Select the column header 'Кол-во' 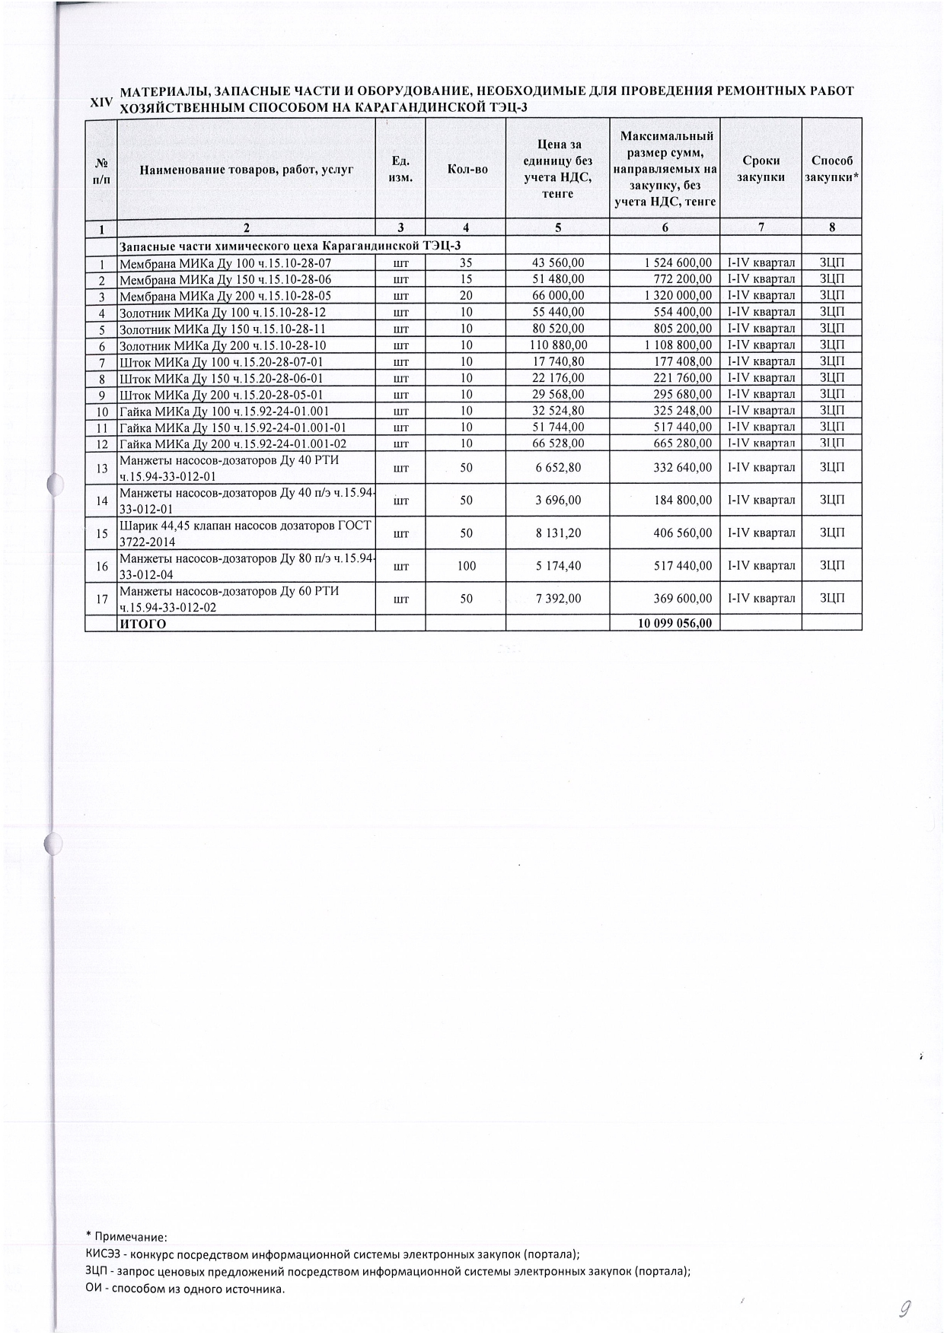point(467,169)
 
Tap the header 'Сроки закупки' point(761,169)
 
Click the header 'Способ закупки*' point(832,169)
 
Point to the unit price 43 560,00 point(558,262)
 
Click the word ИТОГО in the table point(142,624)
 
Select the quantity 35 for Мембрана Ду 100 point(466,262)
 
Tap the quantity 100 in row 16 point(466,566)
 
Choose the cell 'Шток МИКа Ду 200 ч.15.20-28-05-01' point(221,395)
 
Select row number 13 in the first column point(101,468)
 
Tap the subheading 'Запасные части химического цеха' point(290,245)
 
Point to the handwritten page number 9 point(905,1308)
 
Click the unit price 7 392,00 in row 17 point(558,599)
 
